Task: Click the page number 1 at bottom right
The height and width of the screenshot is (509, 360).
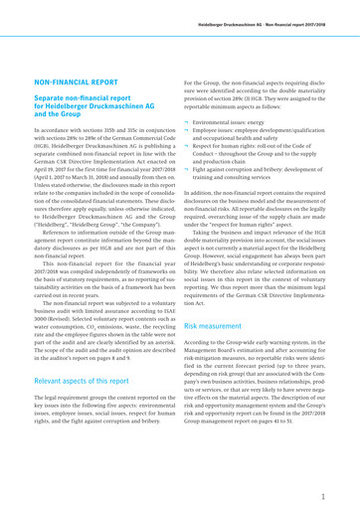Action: (338, 488)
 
